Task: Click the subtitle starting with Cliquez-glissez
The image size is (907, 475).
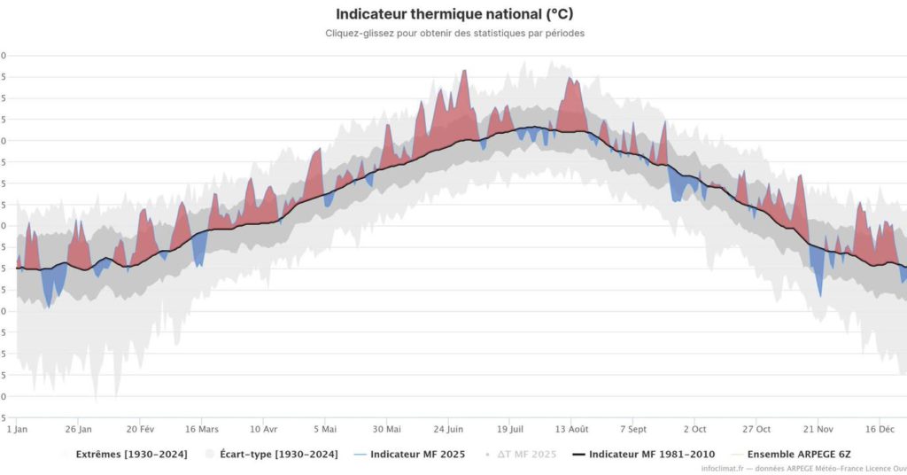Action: pyautogui.click(x=454, y=33)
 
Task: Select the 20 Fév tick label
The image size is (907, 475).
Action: pyautogui.click(x=141, y=430)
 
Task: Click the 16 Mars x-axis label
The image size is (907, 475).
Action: pyautogui.click(x=202, y=430)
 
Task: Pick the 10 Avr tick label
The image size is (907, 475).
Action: pyautogui.click(x=263, y=430)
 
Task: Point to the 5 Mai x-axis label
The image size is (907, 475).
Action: pyautogui.click(x=325, y=430)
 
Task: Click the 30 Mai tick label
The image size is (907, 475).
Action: pyautogui.click(x=386, y=430)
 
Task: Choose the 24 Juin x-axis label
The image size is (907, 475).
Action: pyautogui.click(x=448, y=430)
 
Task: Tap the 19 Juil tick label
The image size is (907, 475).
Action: pyautogui.click(x=509, y=430)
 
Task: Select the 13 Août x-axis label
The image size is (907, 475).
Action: pyautogui.click(x=571, y=430)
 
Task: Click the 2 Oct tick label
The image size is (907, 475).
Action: pyautogui.click(x=694, y=430)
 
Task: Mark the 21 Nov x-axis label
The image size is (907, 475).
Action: pyautogui.click(x=818, y=430)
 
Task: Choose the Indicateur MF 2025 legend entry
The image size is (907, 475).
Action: pyautogui.click(x=417, y=455)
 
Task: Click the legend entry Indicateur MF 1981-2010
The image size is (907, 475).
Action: pyautogui.click(x=652, y=455)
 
